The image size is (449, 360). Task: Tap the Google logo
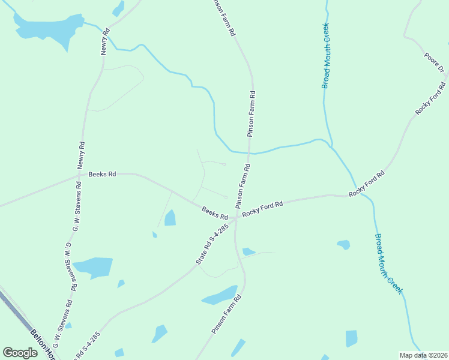pyautogui.click(x=20, y=353)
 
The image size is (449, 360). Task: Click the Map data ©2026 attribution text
pyautogui.click(x=423, y=355)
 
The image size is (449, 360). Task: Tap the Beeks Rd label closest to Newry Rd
pyautogui.click(x=101, y=175)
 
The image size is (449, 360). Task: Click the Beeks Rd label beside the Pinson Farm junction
pyautogui.click(x=214, y=213)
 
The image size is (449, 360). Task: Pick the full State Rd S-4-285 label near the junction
pyautogui.click(x=212, y=245)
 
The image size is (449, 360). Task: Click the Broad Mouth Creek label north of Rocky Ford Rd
pyautogui.click(x=326, y=56)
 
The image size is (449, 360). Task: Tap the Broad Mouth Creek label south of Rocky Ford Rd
pyautogui.click(x=388, y=263)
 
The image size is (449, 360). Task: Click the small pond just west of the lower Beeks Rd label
pyautogui.click(x=170, y=217)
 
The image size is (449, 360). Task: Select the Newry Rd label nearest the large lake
pyautogui.click(x=106, y=41)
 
